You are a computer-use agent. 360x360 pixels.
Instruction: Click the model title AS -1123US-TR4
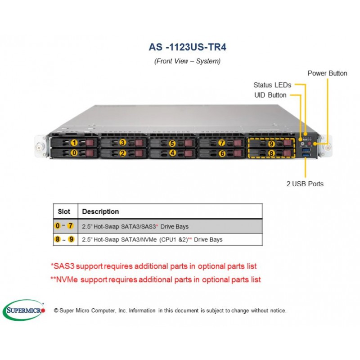[x=187, y=47]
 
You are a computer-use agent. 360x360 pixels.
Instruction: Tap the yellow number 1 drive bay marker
[x=74, y=143]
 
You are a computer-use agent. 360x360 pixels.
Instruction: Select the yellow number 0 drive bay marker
[x=74, y=153]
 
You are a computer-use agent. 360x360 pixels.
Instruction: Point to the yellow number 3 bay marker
[x=122, y=143]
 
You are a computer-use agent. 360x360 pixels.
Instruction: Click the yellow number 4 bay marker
[x=172, y=153]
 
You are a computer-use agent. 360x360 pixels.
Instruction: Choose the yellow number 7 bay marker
[x=222, y=143]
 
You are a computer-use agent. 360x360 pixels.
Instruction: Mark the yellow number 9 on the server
[x=271, y=144]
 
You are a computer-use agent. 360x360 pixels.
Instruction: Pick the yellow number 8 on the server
[x=271, y=153]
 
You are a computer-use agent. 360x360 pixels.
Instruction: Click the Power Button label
[x=327, y=73]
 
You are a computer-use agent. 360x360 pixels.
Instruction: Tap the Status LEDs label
[x=272, y=85]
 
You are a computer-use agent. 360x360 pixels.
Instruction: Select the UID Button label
[x=270, y=95]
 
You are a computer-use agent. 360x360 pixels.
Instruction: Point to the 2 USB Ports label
[x=305, y=184]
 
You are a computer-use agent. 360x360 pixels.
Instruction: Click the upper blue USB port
[x=306, y=150]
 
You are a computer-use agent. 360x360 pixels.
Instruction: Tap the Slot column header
[x=64, y=211]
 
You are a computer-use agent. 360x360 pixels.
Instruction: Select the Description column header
[x=100, y=211]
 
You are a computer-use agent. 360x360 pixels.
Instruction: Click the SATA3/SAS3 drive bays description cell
[x=170, y=227]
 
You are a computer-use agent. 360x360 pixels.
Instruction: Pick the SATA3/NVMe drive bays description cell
[x=170, y=240]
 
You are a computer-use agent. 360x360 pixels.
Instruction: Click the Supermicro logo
[x=24, y=310]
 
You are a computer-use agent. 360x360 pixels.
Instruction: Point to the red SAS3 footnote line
[x=153, y=266]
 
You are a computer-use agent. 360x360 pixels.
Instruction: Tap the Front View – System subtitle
[x=187, y=61]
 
